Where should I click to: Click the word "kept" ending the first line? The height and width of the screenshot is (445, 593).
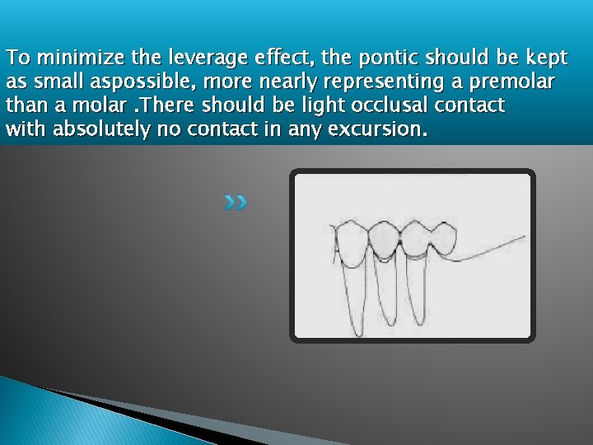point(547,59)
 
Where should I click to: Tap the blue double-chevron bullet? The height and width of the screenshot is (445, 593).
point(235,202)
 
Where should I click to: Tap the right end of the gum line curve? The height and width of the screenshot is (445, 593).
point(523,237)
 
